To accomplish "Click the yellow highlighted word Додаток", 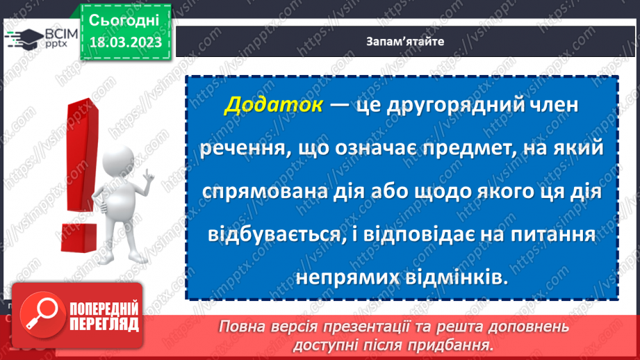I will pyautogui.click(x=273, y=106).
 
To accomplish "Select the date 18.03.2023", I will pyautogui.click(x=125, y=42).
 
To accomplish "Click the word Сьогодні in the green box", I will pyautogui.click(x=124, y=19).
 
